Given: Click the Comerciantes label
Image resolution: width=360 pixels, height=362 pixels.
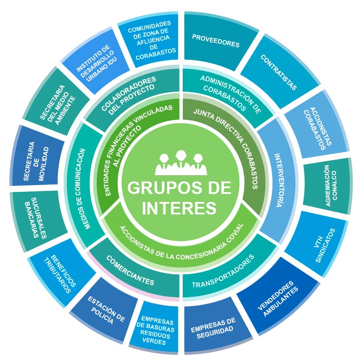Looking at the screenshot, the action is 130,270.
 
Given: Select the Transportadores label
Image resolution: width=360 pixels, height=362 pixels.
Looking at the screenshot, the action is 223,271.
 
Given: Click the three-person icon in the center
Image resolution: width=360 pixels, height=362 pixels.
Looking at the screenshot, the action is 181,163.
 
